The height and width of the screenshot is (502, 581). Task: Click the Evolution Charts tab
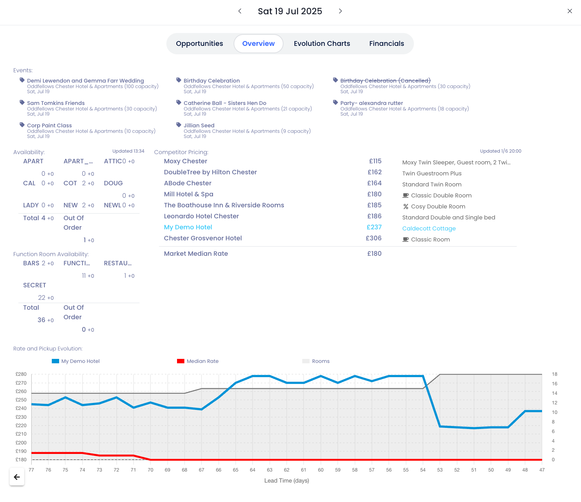tap(322, 44)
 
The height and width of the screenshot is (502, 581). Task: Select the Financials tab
tap(386, 44)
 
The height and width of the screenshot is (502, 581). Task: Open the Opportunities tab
tap(199, 44)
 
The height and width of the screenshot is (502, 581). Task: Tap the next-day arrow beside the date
tap(340, 11)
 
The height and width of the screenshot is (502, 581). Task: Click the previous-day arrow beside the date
tap(240, 11)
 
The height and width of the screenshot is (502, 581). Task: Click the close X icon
tap(570, 11)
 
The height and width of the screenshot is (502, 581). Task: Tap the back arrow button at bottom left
tap(17, 477)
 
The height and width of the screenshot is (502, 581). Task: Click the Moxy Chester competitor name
tap(185, 161)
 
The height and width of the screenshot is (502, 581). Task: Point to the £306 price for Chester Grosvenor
tap(373, 238)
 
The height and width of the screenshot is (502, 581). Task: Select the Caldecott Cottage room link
tap(429, 228)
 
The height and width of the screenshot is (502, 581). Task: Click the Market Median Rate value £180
tap(374, 254)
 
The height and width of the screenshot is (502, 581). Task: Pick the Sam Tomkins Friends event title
tap(56, 103)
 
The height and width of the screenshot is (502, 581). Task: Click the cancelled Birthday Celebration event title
tap(385, 81)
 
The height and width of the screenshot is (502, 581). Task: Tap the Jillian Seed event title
tap(199, 125)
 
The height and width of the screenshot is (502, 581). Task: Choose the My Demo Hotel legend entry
tap(80, 361)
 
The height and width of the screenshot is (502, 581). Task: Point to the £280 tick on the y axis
tap(21, 374)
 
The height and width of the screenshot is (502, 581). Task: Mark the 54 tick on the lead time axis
tap(423, 470)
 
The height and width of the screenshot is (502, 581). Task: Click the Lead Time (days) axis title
tap(286, 481)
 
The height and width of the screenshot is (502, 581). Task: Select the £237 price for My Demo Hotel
tap(374, 227)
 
